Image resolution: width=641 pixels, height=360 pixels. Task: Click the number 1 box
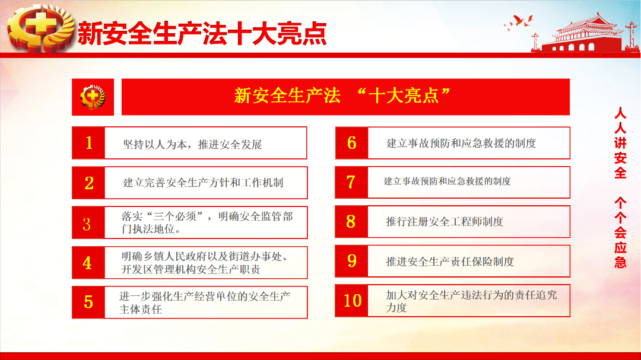[x=88, y=143]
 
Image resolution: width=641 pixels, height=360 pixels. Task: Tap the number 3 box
[x=88, y=222]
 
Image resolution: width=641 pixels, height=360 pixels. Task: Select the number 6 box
[x=352, y=143]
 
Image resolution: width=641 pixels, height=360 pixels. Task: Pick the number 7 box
[x=351, y=182]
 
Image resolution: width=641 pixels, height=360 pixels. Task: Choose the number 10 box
[x=351, y=301]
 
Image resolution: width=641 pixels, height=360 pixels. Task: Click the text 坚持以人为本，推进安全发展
[x=192, y=145]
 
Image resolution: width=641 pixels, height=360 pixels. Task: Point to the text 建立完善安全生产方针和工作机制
[x=203, y=183]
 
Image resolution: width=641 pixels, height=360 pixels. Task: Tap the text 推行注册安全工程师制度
[x=445, y=222]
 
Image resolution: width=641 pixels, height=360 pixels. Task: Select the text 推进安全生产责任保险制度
[x=450, y=262]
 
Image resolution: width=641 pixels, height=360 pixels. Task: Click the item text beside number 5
[x=205, y=303]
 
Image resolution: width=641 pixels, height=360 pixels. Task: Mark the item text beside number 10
[x=471, y=301]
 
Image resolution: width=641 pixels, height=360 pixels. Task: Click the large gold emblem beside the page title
[x=41, y=28]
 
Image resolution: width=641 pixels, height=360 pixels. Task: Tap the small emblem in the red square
[x=93, y=97]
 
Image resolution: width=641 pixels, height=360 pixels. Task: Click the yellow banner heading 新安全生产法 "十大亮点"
[x=342, y=96]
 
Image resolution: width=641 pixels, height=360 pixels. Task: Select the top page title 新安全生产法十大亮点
[x=202, y=33]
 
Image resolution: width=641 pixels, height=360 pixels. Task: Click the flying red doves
[x=519, y=22]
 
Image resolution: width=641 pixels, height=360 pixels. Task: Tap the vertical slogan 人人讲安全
[x=620, y=143]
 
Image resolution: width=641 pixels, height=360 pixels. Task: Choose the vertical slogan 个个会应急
[x=620, y=232]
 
